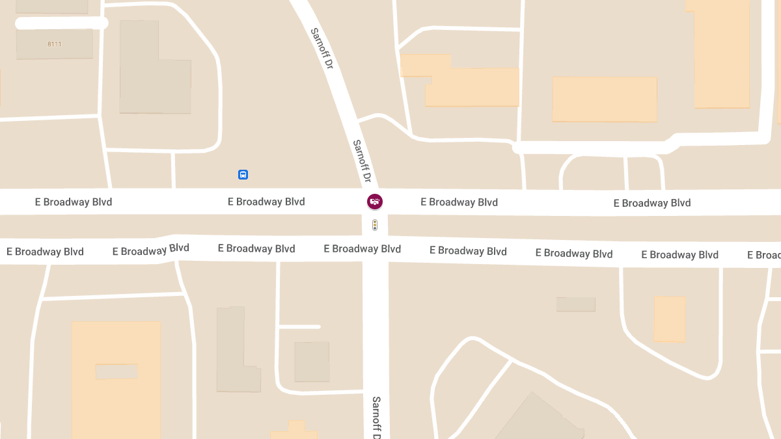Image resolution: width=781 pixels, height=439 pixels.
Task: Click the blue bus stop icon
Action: pos(243,174)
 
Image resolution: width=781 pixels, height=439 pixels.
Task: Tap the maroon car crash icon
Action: pos(375,202)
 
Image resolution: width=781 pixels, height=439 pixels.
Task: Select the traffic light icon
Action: pos(375,225)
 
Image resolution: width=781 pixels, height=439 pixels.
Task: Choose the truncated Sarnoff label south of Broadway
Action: pos(377,417)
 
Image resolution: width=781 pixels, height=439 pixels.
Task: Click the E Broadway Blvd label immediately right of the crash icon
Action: pos(459,202)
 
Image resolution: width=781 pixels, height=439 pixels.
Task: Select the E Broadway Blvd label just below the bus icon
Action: pos(266,202)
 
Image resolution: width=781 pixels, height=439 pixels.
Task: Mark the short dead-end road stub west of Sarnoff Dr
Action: pos(299,326)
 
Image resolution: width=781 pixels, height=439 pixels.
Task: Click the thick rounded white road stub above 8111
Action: pos(61,23)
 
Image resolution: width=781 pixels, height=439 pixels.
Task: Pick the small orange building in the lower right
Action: pos(669,319)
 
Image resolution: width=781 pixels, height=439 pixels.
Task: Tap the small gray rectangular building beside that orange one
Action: pos(575,304)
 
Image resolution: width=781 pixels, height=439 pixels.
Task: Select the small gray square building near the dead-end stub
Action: pos(312,362)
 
